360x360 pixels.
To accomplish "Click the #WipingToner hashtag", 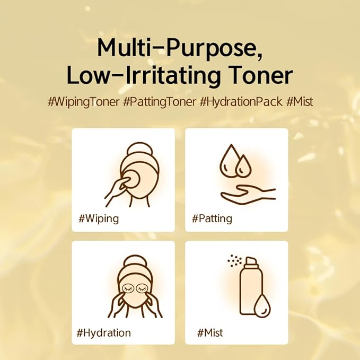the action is pos(84,102).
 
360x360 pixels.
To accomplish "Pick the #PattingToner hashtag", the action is pos(160,102).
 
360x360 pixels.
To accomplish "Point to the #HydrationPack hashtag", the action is pos(241,102).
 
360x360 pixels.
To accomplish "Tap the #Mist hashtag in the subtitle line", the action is pos(300,101).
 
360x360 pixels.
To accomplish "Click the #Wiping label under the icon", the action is pos(99,219).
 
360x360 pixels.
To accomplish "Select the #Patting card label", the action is pos(212,219).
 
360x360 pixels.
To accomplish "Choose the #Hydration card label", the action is pos(103,332).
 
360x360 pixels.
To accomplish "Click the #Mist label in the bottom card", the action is pos(210,332).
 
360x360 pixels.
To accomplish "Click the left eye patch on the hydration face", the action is pos(128,288).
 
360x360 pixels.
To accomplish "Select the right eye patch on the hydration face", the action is pos(143,288).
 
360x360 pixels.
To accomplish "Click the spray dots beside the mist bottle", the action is pos(235,260).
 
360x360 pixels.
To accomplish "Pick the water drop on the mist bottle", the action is pos(262,306).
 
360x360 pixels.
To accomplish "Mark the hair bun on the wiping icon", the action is pos(140,149).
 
